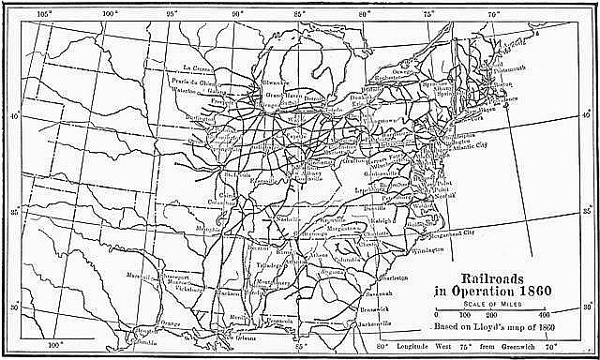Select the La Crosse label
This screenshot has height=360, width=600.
(197, 68)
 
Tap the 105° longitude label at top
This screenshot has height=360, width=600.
(42, 14)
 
